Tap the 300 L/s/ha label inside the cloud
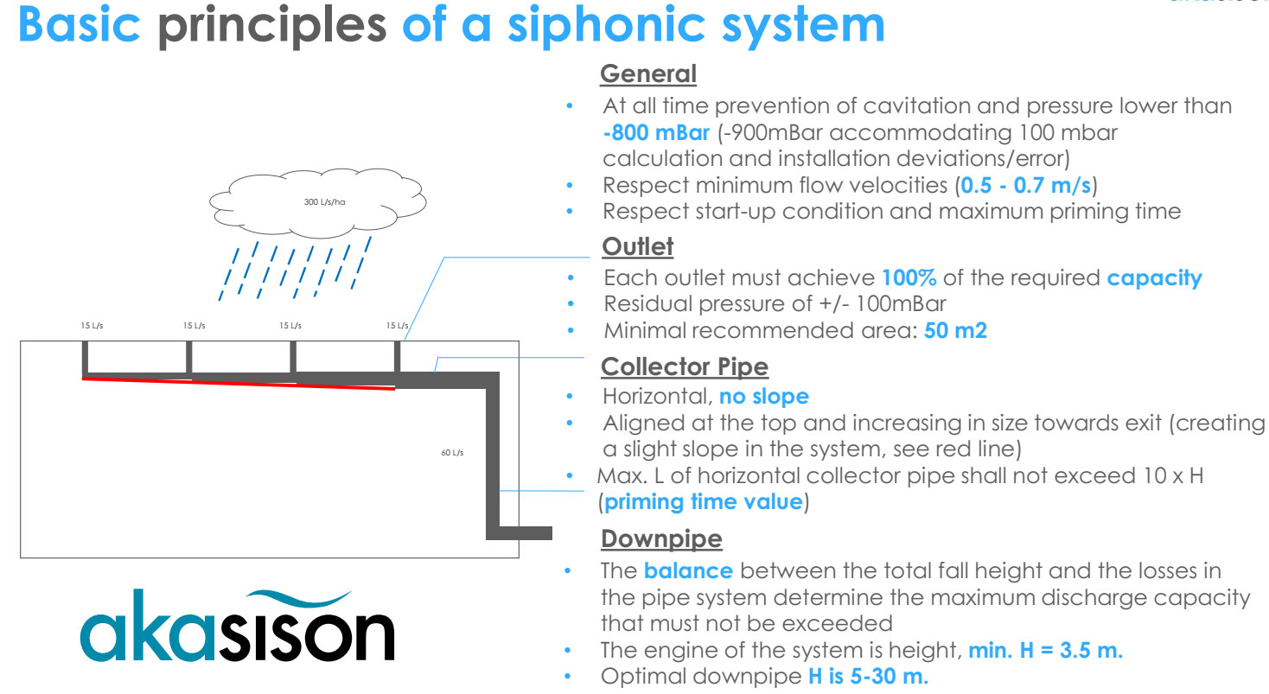(324, 202)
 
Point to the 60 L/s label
(452, 453)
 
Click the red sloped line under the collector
(238, 384)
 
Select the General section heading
(648, 74)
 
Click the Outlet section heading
(637, 246)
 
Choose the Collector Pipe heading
(685, 366)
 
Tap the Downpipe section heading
(661, 539)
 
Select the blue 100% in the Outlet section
(903, 278)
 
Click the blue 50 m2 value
(955, 330)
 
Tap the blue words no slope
(764, 397)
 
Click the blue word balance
(688, 571)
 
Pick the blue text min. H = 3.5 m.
(1045, 651)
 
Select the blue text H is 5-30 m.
(868, 676)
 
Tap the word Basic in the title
(80, 27)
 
